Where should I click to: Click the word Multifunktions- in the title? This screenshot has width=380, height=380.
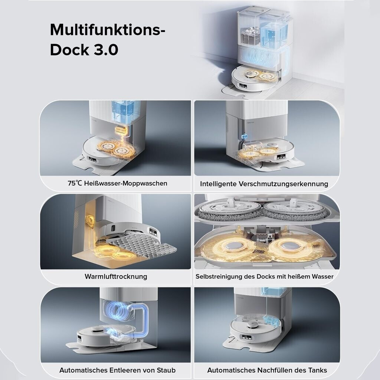click(107, 30)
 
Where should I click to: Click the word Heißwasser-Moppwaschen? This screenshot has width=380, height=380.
click(125, 183)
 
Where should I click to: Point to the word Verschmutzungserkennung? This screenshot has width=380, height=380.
click(283, 184)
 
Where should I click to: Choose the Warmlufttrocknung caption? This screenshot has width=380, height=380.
click(116, 276)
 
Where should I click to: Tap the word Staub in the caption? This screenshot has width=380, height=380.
click(166, 370)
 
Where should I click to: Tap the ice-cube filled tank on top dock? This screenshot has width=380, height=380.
click(250, 34)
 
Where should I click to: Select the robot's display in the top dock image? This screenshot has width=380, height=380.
click(243, 86)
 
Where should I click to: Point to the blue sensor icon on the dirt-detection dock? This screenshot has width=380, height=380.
click(244, 137)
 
